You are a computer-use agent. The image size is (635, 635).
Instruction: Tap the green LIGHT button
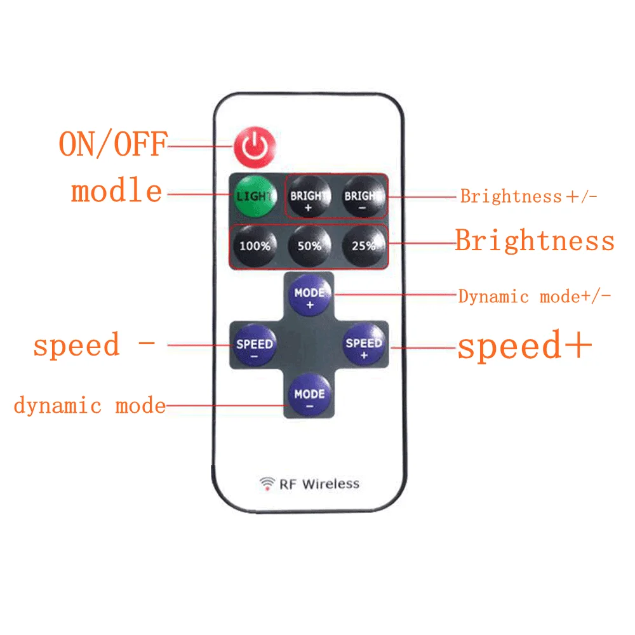[255, 196]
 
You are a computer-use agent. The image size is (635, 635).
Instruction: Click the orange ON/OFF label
[113, 145]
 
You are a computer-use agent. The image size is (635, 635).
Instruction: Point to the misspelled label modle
[117, 192]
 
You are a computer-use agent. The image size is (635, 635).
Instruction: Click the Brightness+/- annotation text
[529, 196]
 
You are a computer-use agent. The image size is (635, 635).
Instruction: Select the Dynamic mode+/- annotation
[535, 297]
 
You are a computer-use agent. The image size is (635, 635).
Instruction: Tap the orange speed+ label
[525, 347]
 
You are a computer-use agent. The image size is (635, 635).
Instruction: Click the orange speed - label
[94, 345]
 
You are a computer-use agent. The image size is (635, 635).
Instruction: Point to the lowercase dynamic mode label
[90, 406]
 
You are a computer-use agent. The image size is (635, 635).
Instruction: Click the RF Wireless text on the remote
[319, 484]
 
